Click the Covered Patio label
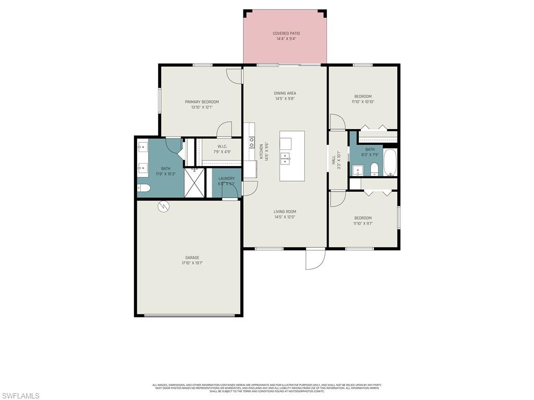pos(286,33)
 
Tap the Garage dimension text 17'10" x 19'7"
pos(192,263)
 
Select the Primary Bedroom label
pos(202,102)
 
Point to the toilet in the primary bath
pos(143,188)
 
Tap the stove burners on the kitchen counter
pos(251,139)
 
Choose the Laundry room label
pos(226,179)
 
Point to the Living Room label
pos(285,211)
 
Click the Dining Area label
pos(285,93)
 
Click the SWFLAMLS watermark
pos(20,396)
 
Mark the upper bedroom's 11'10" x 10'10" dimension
pos(363,102)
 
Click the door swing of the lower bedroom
pos(336,198)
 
